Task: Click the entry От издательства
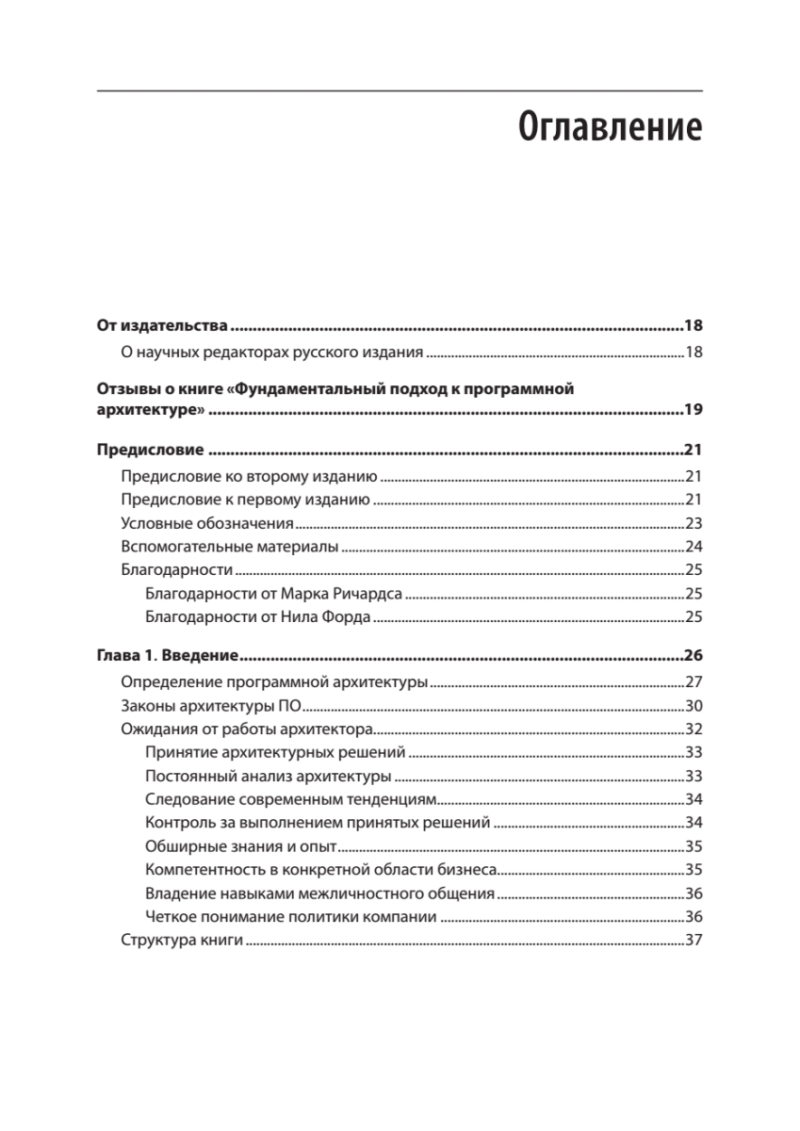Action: pyautogui.click(x=163, y=327)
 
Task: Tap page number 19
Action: pyautogui.click(x=693, y=410)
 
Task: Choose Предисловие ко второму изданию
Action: pyautogui.click(x=250, y=476)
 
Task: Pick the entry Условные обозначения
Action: pyautogui.click(x=208, y=523)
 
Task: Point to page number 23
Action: pyautogui.click(x=694, y=523)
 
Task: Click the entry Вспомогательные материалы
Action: pyautogui.click(x=230, y=547)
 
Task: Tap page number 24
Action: pyautogui.click(x=694, y=547)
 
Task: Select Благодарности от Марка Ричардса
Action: pyautogui.click(x=274, y=594)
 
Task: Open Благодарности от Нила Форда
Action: pyautogui.click(x=258, y=617)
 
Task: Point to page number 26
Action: pyautogui.click(x=693, y=656)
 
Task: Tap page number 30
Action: pyautogui.click(x=694, y=705)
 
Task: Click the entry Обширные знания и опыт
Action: pyautogui.click(x=242, y=846)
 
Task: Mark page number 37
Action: pyautogui.click(x=694, y=941)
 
